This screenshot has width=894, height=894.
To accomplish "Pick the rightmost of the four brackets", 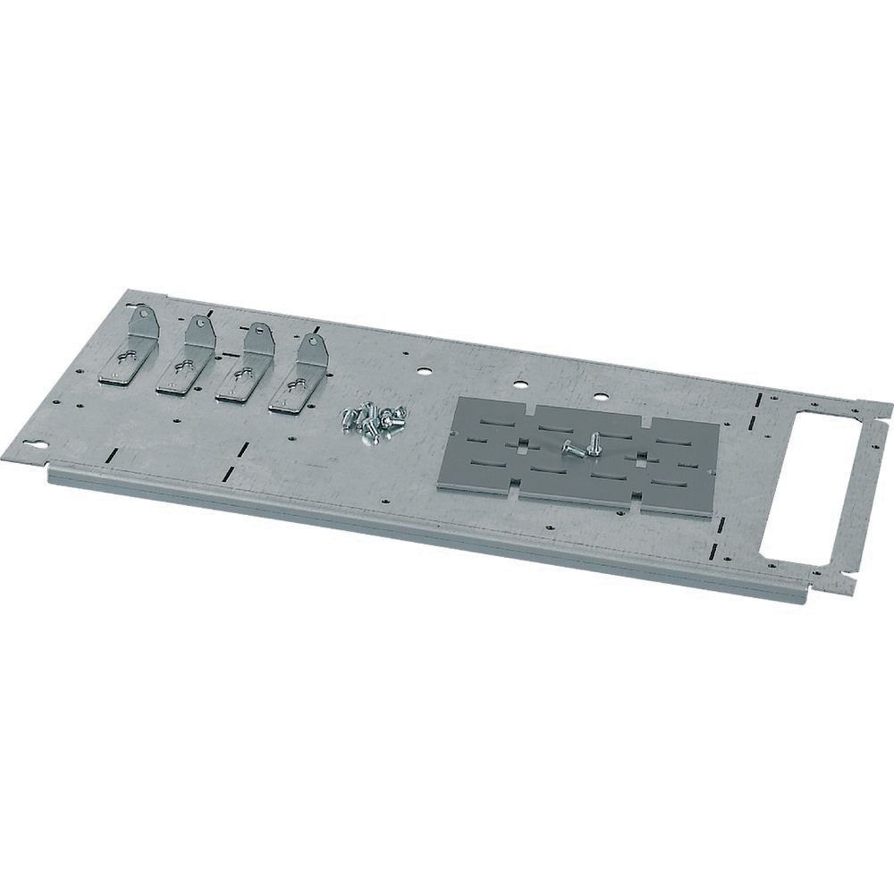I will [299, 375].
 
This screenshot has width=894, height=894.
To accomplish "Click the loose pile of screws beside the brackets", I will [371, 420].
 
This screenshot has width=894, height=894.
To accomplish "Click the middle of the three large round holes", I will [519, 387].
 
